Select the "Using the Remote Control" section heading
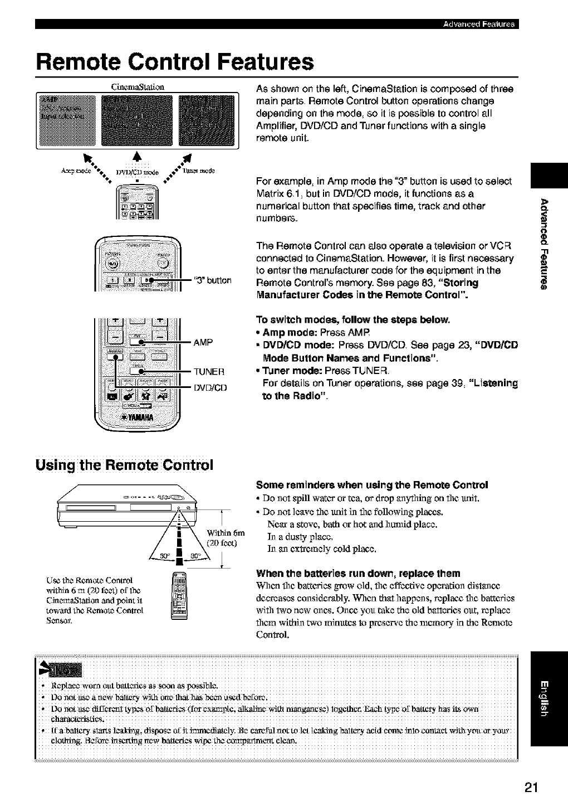124,464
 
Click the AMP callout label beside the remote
203,342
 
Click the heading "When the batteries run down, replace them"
358,573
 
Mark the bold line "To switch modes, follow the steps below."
352,320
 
